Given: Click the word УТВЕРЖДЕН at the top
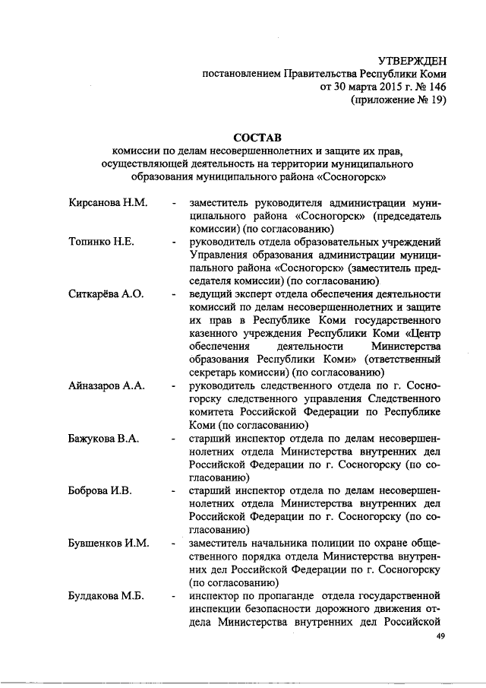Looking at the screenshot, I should (x=410, y=60).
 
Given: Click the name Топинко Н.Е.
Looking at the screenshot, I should (x=101, y=242).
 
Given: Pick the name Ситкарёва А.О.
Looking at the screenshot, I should (x=106, y=294).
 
